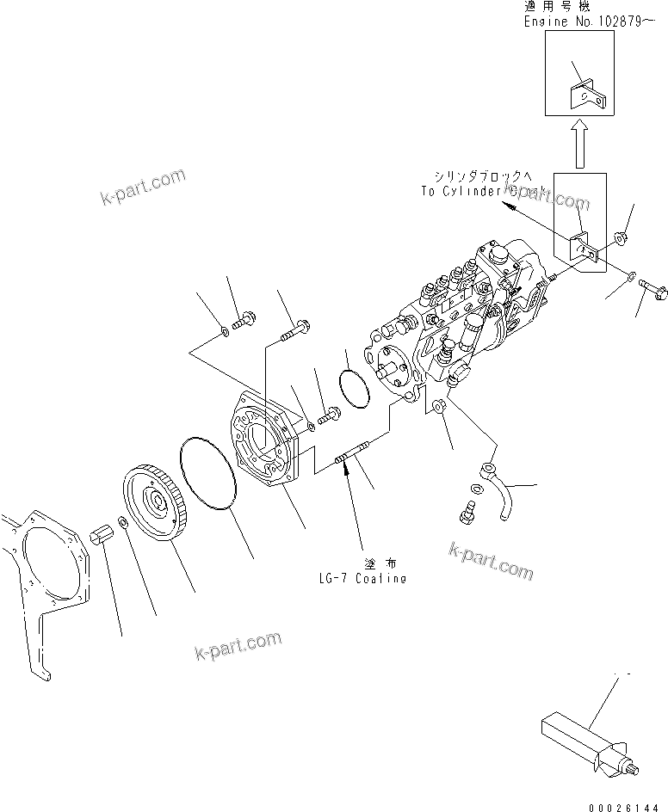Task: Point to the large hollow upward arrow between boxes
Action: click(578, 143)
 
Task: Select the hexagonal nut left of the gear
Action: click(100, 541)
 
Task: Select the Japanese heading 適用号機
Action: click(549, 7)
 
